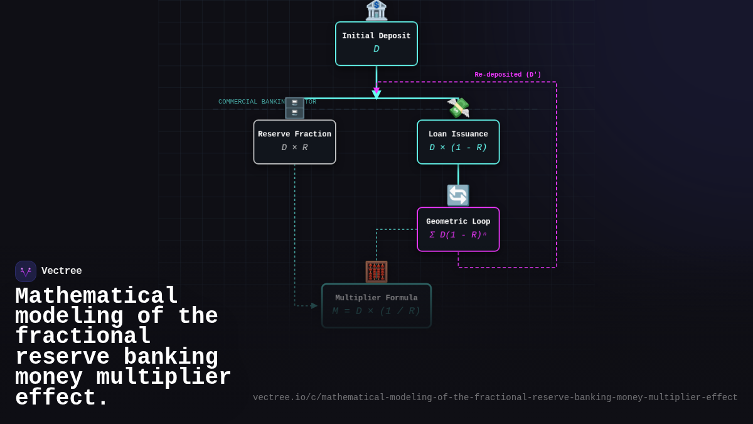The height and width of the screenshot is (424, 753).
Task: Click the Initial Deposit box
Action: pyautogui.click(x=376, y=43)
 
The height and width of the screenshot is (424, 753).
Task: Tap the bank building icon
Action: pyautogui.click(x=376, y=10)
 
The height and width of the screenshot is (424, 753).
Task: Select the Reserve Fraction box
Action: pyautogui.click(x=294, y=141)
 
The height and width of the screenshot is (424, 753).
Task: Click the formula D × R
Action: pyautogui.click(x=294, y=148)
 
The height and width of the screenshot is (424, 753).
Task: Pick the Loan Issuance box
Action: pyautogui.click(x=458, y=141)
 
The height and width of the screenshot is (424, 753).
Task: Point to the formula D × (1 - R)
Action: pyautogui.click(x=458, y=148)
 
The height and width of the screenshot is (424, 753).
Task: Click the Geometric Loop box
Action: pyautogui.click(x=458, y=229)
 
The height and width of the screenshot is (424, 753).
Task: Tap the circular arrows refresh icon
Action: pyautogui.click(x=458, y=195)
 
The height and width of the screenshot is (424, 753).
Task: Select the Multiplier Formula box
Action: pyautogui.click(x=376, y=305)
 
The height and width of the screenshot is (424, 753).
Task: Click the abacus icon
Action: pyautogui.click(x=376, y=271)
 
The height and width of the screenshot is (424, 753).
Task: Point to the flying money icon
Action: pyautogui.click(x=458, y=107)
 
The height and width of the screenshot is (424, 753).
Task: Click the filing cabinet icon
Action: pyautogui.click(x=294, y=108)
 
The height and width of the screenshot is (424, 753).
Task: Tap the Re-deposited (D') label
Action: pyautogui.click(x=508, y=75)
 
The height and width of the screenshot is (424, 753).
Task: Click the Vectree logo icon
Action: pyautogui.click(x=26, y=271)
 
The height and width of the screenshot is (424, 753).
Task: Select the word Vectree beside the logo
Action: pyautogui.click(x=61, y=271)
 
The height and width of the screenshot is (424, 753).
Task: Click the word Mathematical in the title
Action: pyautogui.click(x=97, y=296)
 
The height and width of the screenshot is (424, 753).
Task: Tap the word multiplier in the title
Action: pyautogui.click(x=164, y=378)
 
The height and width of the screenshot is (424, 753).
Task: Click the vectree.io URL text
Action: pyautogui.click(x=495, y=398)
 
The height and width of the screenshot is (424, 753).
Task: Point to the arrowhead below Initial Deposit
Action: pyautogui.click(x=376, y=94)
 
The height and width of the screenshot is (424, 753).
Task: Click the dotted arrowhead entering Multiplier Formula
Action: pyautogui.click(x=314, y=306)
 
